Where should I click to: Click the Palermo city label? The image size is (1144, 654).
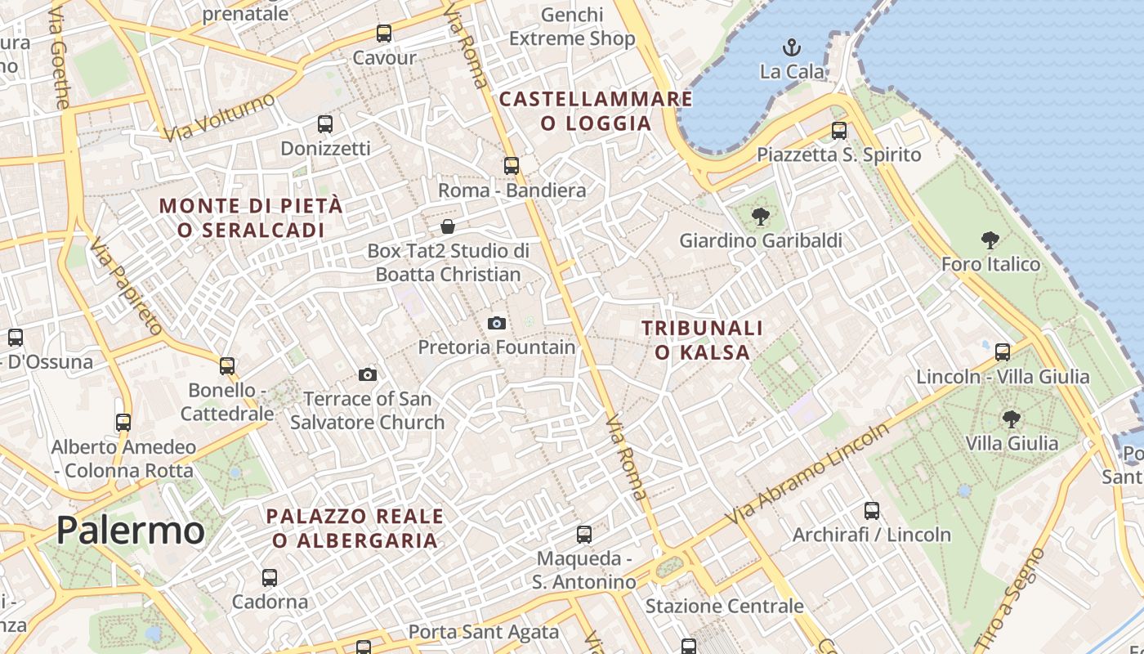(130, 531)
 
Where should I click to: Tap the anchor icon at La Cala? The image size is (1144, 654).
(792, 47)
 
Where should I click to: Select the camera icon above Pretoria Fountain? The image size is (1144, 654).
(497, 323)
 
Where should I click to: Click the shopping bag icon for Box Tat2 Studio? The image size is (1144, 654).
(448, 226)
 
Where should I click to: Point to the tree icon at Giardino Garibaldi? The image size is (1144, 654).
(761, 217)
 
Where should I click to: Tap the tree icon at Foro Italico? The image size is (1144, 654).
(990, 240)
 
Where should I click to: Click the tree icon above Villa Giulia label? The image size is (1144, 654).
(1012, 419)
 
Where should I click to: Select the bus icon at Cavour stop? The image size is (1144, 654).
(384, 34)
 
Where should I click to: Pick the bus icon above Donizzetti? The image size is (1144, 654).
(325, 124)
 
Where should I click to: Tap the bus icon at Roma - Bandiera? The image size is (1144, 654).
(512, 166)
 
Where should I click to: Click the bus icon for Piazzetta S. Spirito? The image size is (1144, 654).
(839, 131)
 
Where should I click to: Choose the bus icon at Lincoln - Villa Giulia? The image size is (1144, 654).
(1003, 352)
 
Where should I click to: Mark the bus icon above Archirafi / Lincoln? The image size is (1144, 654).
(872, 511)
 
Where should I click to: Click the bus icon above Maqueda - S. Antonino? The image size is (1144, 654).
(584, 535)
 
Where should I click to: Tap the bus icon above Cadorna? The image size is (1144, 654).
(270, 578)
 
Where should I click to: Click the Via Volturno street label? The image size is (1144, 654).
(220, 117)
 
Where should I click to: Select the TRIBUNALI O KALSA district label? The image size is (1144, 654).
(702, 340)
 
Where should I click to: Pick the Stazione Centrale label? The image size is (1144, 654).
(724, 607)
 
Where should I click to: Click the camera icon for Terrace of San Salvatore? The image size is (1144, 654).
(368, 375)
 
